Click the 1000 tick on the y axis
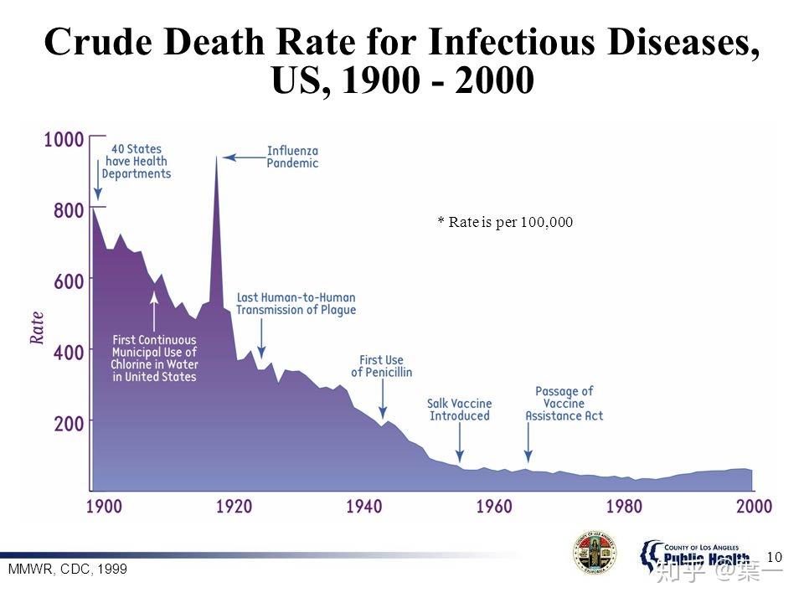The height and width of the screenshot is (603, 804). (64, 140)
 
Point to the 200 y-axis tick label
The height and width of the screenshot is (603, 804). (68, 423)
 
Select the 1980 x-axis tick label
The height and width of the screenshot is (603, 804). (624, 506)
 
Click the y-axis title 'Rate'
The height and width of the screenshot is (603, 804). (37, 328)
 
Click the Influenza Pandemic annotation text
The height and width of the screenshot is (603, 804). (292, 157)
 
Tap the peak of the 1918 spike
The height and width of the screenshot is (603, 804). (217, 158)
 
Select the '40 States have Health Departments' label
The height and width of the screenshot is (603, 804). (136, 162)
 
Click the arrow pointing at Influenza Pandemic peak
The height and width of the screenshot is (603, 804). (243, 157)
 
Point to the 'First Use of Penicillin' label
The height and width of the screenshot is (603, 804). (381, 366)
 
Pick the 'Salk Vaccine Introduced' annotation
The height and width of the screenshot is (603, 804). (459, 410)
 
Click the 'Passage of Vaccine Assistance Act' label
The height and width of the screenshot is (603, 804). (564, 403)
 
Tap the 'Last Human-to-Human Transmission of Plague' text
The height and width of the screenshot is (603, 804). (296, 304)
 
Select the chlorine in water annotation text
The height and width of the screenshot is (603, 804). (154, 358)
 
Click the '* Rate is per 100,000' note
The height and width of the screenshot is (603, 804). (505, 222)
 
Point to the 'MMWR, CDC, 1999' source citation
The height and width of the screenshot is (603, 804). (67, 569)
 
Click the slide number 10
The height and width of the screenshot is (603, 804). (773, 557)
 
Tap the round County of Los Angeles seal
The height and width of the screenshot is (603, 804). (595, 553)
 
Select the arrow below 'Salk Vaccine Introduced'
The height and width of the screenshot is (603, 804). (460, 441)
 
